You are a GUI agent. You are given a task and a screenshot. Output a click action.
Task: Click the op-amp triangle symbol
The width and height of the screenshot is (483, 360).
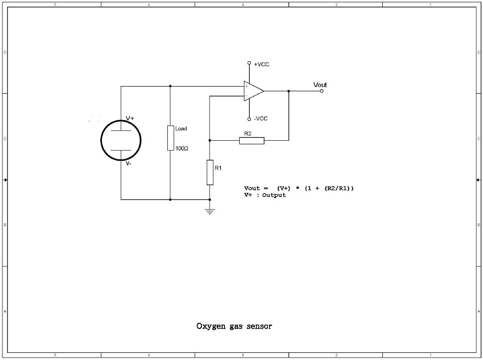point(253,91)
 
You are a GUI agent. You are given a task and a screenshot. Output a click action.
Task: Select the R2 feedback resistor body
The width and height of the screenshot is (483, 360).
point(252,140)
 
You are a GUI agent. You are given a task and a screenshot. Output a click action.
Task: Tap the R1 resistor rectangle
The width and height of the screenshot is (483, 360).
point(210,172)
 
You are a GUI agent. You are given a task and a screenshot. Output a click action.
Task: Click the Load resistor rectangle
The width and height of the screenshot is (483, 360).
point(170,137)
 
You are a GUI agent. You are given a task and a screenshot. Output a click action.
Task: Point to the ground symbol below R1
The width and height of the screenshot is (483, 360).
point(210,210)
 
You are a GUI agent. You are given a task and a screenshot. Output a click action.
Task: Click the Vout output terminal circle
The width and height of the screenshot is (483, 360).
point(322,91)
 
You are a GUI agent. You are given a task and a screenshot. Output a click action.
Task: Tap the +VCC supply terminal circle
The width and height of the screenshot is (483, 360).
point(249,63)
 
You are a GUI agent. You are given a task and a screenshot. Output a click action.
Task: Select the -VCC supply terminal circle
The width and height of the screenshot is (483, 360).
point(249,118)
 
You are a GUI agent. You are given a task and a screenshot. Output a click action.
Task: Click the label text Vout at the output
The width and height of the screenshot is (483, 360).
point(320,85)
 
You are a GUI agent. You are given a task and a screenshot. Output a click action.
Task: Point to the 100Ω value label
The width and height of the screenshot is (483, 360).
point(181,148)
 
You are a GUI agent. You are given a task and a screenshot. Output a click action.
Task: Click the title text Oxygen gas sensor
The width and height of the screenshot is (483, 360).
point(234,325)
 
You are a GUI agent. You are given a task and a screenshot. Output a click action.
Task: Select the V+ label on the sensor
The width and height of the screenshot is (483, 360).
point(130,118)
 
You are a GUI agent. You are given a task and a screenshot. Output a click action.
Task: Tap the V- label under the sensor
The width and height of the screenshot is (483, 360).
point(129,163)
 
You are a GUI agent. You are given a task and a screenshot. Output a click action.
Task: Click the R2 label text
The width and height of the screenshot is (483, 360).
point(247,134)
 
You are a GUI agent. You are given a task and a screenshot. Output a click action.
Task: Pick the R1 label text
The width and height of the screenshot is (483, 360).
point(218,169)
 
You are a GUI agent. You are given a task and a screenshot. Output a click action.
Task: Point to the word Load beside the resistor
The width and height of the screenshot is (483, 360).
point(181,128)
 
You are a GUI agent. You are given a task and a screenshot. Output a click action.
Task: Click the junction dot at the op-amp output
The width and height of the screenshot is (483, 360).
point(289,91)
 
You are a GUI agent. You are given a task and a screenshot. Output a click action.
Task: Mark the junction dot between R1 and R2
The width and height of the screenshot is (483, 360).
point(210,140)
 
